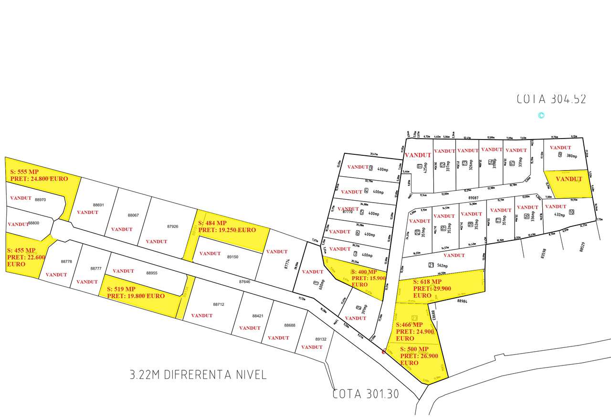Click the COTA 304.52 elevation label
551,99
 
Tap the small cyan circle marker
541,115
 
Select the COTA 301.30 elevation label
366,394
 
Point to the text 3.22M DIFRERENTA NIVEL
198,374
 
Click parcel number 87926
173,226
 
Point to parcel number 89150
232,257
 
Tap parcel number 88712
219,304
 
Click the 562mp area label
442,265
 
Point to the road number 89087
473,197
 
